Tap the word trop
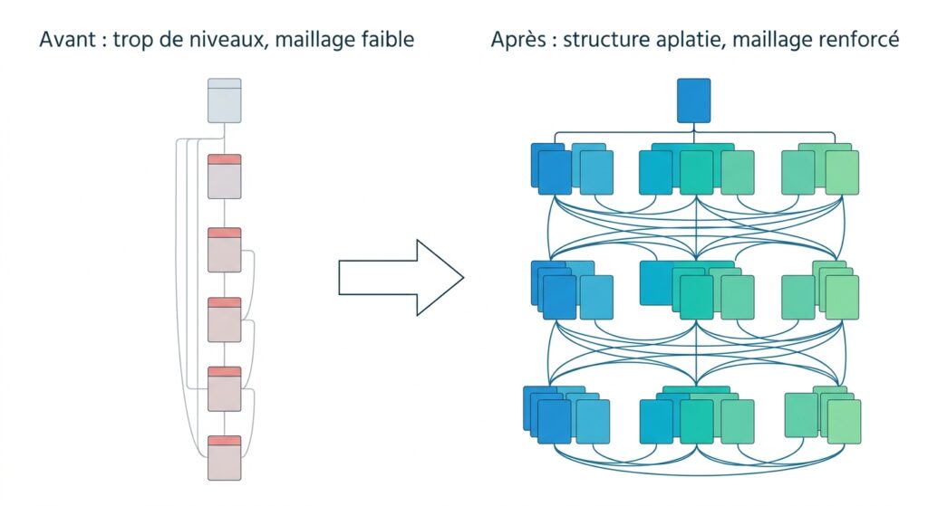pos(131,41)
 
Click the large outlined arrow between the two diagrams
pos(401,277)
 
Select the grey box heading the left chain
pos(225,100)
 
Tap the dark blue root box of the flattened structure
pos(693,100)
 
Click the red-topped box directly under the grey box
pos(225,177)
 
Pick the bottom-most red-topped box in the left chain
pos(225,458)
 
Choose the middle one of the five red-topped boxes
pos(225,320)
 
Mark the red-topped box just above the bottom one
pos(225,389)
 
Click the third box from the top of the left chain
pos(225,250)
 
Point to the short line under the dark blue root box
pos(693,127)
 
